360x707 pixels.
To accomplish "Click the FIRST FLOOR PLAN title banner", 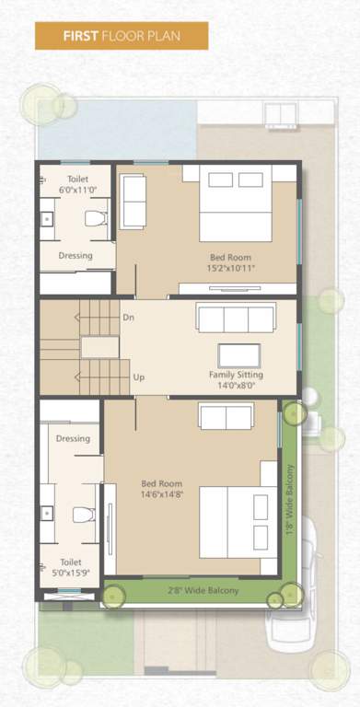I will [121, 36].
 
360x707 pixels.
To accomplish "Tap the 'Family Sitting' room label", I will [236, 375].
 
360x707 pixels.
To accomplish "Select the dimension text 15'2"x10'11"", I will [230, 269].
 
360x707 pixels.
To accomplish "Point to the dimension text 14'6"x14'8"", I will [161, 494].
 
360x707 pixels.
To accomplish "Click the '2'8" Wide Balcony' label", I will [203, 590].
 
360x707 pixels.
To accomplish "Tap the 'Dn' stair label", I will [128, 318].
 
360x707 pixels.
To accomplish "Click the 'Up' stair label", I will [138, 377].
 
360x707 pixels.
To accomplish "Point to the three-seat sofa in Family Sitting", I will [236, 319].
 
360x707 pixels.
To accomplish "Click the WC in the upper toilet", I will [96, 218].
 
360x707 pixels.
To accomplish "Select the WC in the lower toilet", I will [84, 514].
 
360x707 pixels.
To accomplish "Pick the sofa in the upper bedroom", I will [134, 201].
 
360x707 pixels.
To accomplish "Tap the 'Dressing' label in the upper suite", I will [75, 255].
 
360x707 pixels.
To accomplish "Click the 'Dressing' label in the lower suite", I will [73, 438].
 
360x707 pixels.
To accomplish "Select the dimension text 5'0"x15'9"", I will [70, 573].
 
